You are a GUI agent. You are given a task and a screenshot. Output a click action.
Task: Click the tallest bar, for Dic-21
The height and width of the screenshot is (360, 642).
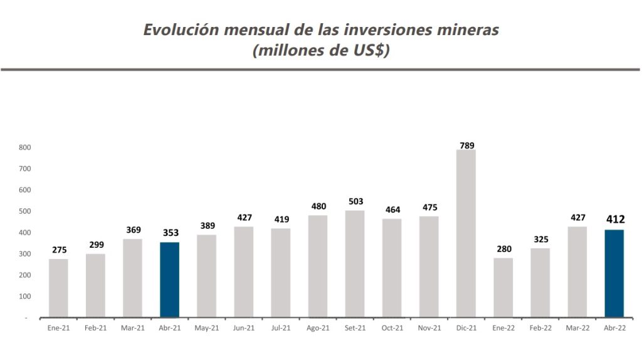pos(466,233)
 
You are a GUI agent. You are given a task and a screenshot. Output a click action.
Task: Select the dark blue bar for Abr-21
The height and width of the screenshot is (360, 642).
pos(169,279)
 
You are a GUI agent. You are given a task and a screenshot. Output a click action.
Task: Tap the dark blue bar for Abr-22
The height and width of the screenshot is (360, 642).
pos(614,273)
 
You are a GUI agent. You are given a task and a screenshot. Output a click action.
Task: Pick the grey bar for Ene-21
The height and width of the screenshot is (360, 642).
pos(58,288)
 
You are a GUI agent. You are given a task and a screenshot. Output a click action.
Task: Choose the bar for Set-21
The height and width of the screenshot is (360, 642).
pos(355,263)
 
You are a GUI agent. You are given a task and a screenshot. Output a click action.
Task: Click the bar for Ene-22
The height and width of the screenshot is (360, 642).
pos(503,287)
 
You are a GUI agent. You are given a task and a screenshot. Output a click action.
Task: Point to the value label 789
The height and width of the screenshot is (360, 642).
pos(466,146)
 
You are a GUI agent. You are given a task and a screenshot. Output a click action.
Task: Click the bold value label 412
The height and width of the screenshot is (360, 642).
pos(615,220)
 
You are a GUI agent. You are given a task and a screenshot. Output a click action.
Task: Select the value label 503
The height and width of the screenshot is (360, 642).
pos(355,202)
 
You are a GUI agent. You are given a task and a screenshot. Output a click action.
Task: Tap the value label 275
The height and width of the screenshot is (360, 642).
pos(58,250)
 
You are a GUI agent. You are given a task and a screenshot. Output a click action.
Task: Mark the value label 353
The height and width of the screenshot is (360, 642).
pos(170,233)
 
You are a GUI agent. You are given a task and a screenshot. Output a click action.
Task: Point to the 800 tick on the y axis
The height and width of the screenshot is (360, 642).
pos(26,147)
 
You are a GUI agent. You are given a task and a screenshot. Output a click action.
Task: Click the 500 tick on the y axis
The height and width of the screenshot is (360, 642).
pos(26,211)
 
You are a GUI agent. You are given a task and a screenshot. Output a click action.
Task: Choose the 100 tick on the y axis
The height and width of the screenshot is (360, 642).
pos(26,296)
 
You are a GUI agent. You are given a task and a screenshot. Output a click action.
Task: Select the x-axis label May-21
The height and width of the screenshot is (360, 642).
pos(206,327)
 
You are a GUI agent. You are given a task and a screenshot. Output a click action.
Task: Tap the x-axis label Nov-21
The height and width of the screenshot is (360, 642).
pos(429,327)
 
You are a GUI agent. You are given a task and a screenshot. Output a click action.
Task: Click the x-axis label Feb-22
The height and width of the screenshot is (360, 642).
pos(540,327)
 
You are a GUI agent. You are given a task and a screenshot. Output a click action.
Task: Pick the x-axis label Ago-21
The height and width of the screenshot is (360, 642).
pos(318,327)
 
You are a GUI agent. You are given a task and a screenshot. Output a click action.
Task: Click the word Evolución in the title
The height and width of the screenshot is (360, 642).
pos(179,29)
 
